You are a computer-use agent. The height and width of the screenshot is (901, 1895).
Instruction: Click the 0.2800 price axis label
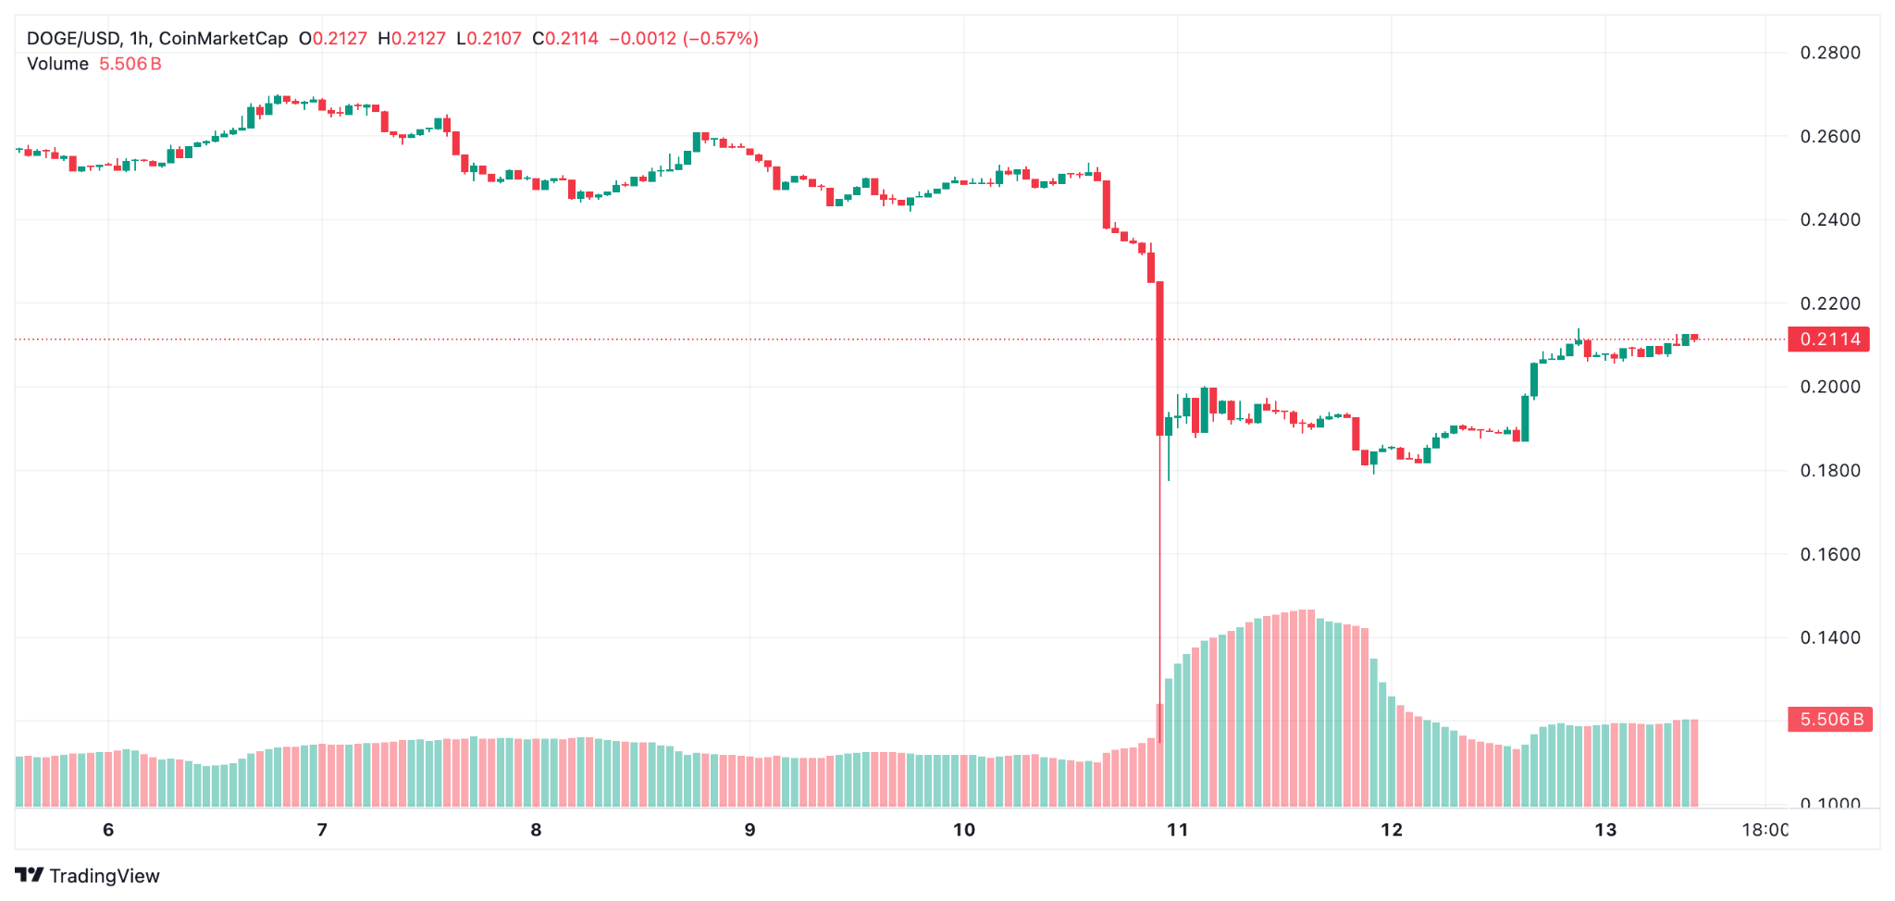click(1829, 53)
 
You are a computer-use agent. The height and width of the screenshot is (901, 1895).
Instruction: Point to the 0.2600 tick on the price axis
click(1829, 137)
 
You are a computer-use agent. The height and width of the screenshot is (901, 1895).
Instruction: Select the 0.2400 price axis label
click(1829, 220)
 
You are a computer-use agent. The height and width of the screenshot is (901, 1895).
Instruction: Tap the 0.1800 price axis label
click(1829, 471)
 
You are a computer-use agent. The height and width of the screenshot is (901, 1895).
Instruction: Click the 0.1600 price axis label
click(1829, 554)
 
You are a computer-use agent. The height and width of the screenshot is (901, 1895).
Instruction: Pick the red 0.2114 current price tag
click(1829, 339)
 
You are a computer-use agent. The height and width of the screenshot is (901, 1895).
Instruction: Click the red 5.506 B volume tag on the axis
click(1829, 720)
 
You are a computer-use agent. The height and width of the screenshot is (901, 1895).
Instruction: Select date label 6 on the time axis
click(108, 830)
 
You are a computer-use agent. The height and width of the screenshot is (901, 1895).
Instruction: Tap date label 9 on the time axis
click(749, 830)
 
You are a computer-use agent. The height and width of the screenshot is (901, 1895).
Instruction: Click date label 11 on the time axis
click(1177, 830)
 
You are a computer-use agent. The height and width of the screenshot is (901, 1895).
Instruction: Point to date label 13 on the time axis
click(1605, 830)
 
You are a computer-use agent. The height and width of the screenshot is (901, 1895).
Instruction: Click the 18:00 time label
click(1765, 830)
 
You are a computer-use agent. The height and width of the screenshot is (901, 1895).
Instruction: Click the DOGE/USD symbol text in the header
click(73, 39)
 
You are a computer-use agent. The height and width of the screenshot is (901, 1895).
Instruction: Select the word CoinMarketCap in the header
click(223, 39)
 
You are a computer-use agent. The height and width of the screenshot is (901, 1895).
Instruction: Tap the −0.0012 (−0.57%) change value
click(684, 39)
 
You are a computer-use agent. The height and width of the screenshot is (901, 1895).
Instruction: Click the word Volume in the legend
click(57, 64)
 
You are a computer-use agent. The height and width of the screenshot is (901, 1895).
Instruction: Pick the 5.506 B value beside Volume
click(130, 64)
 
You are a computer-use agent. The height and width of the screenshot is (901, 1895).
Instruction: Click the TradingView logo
click(88, 875)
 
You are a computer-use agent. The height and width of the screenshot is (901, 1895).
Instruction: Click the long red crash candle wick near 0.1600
click(1159, 555)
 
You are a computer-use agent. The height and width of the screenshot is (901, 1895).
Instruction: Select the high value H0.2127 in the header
click(412, 39)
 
